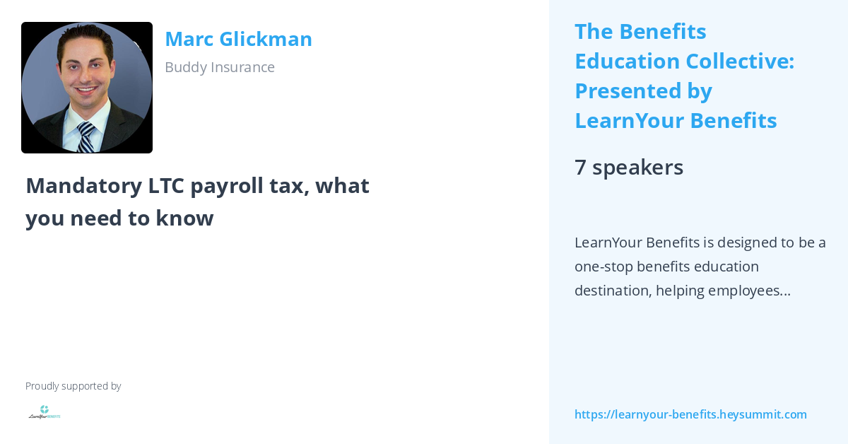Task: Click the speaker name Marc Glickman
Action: (238, 39)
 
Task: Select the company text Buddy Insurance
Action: (219, 67)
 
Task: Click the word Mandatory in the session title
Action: (83, 185)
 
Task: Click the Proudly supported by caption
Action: (73, 386)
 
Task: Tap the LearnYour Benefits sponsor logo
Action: (45, 412)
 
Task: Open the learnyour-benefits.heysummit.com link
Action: (690, 414)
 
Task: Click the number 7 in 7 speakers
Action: (580, 168)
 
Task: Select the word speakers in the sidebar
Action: (637, 168)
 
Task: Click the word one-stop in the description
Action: (603, 267)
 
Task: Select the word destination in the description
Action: (612, 291)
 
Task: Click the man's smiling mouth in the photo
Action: (86, 91)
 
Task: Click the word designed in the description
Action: (746, 243)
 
